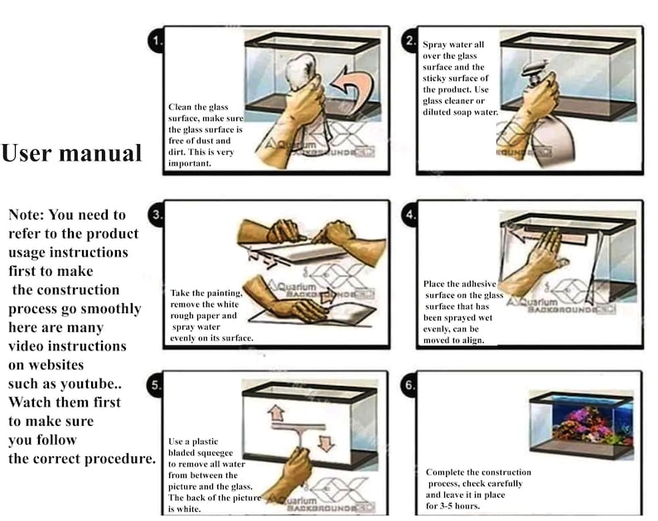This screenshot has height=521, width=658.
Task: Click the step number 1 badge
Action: click(x=157, y=41)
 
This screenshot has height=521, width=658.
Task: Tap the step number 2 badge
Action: click(x=410, y=41)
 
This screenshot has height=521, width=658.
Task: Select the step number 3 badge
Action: click(x=157, y=215)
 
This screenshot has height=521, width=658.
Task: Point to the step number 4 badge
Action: click(x=410, y=215)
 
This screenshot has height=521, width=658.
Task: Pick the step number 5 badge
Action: click(x=155, y=385)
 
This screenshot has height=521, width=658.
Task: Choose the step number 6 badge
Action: click(x=409, y=385)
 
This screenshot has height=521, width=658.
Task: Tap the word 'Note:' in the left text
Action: click(x=26, y=215)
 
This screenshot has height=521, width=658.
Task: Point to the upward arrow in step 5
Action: click(x=276, y=413)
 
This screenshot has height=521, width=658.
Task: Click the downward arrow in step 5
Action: click(x=326, y=443)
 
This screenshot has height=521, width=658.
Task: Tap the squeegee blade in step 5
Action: click(x=298, y=427)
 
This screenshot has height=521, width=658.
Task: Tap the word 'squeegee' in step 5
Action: click(x=215, y=453)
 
